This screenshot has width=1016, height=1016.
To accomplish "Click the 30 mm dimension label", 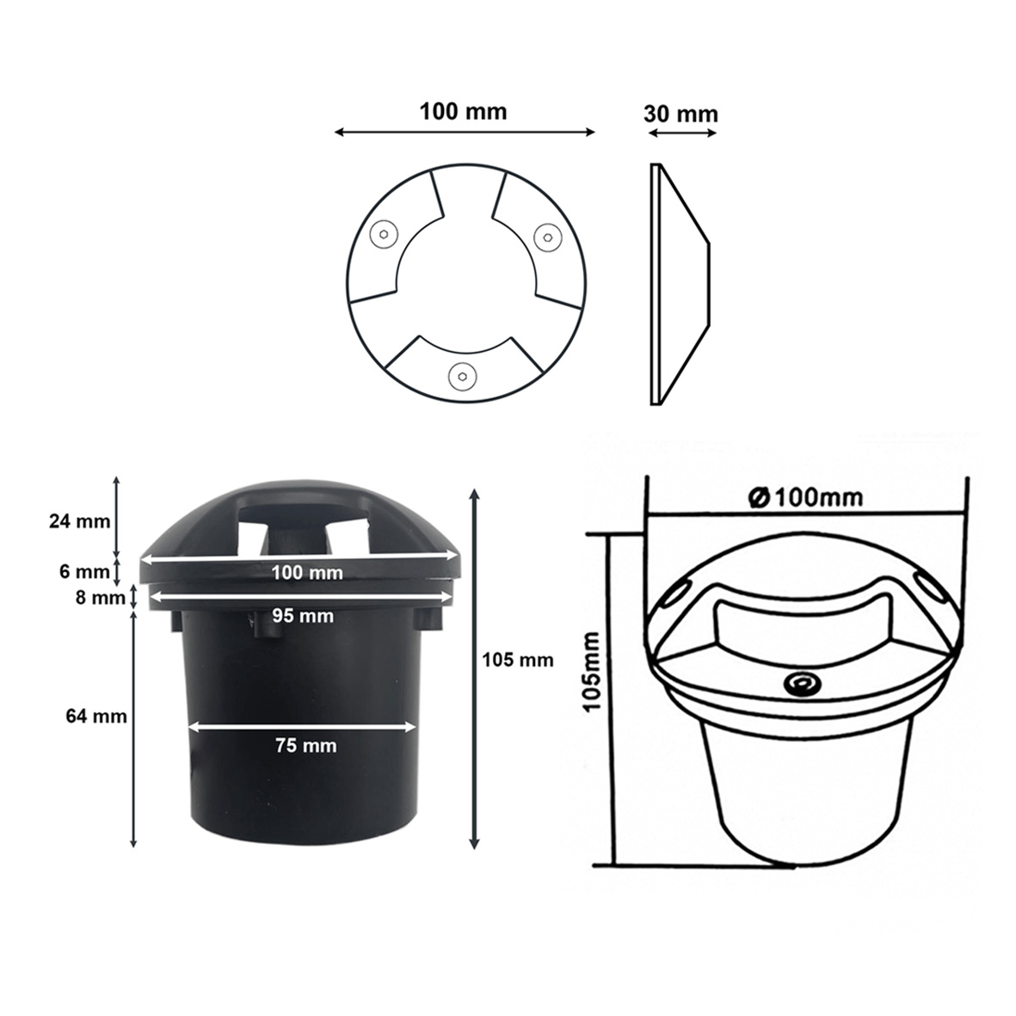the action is pos(680,114).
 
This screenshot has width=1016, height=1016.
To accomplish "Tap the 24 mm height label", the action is pos(80,520).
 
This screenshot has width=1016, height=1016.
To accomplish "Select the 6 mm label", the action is pos(84,571).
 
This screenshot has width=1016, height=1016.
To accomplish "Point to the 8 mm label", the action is pos(100,597).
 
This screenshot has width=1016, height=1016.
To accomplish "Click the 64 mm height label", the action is pos(95,716).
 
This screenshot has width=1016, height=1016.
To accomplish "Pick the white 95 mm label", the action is pos(303,616).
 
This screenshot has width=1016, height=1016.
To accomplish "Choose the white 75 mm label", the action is pos(306,745).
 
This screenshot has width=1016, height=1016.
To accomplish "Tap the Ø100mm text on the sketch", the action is pos(805,497).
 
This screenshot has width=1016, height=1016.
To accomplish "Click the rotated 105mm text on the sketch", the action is pos(594,672).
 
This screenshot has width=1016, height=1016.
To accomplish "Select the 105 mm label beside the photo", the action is pos(518,660).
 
